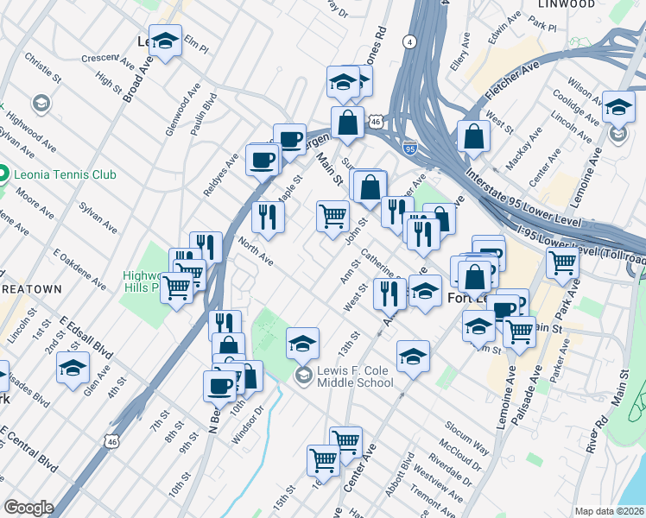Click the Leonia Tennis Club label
tap(65, 174)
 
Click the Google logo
tap(28, 508)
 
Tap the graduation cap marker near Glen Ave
tap(73, 367)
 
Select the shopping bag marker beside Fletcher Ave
tap(474, 136)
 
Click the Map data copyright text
tap(609, 510)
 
